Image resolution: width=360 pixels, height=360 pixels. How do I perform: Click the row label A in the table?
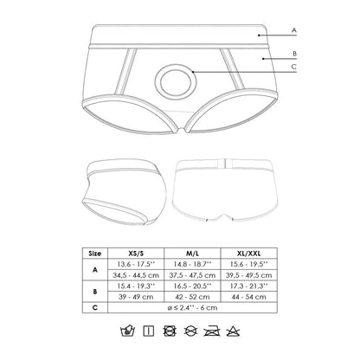click(x=93, y=269)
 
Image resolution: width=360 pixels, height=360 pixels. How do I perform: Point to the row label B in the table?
click(x=93, y=292)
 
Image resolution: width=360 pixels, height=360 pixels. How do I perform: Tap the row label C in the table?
click(x=93, y=307)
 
